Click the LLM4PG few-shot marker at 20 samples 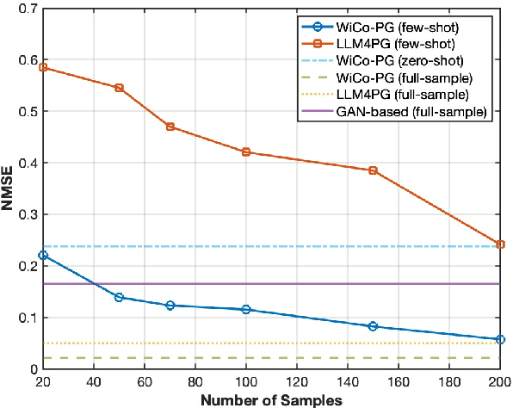(x=42, y=67)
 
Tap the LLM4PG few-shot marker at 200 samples (x=500, y=244)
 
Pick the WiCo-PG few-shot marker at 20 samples (x=42, y=256)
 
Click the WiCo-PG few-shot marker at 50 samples (x=119, y=298)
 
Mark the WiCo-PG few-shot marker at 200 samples (x=500, y=340)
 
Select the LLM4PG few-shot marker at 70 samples (x=170, y=127)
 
